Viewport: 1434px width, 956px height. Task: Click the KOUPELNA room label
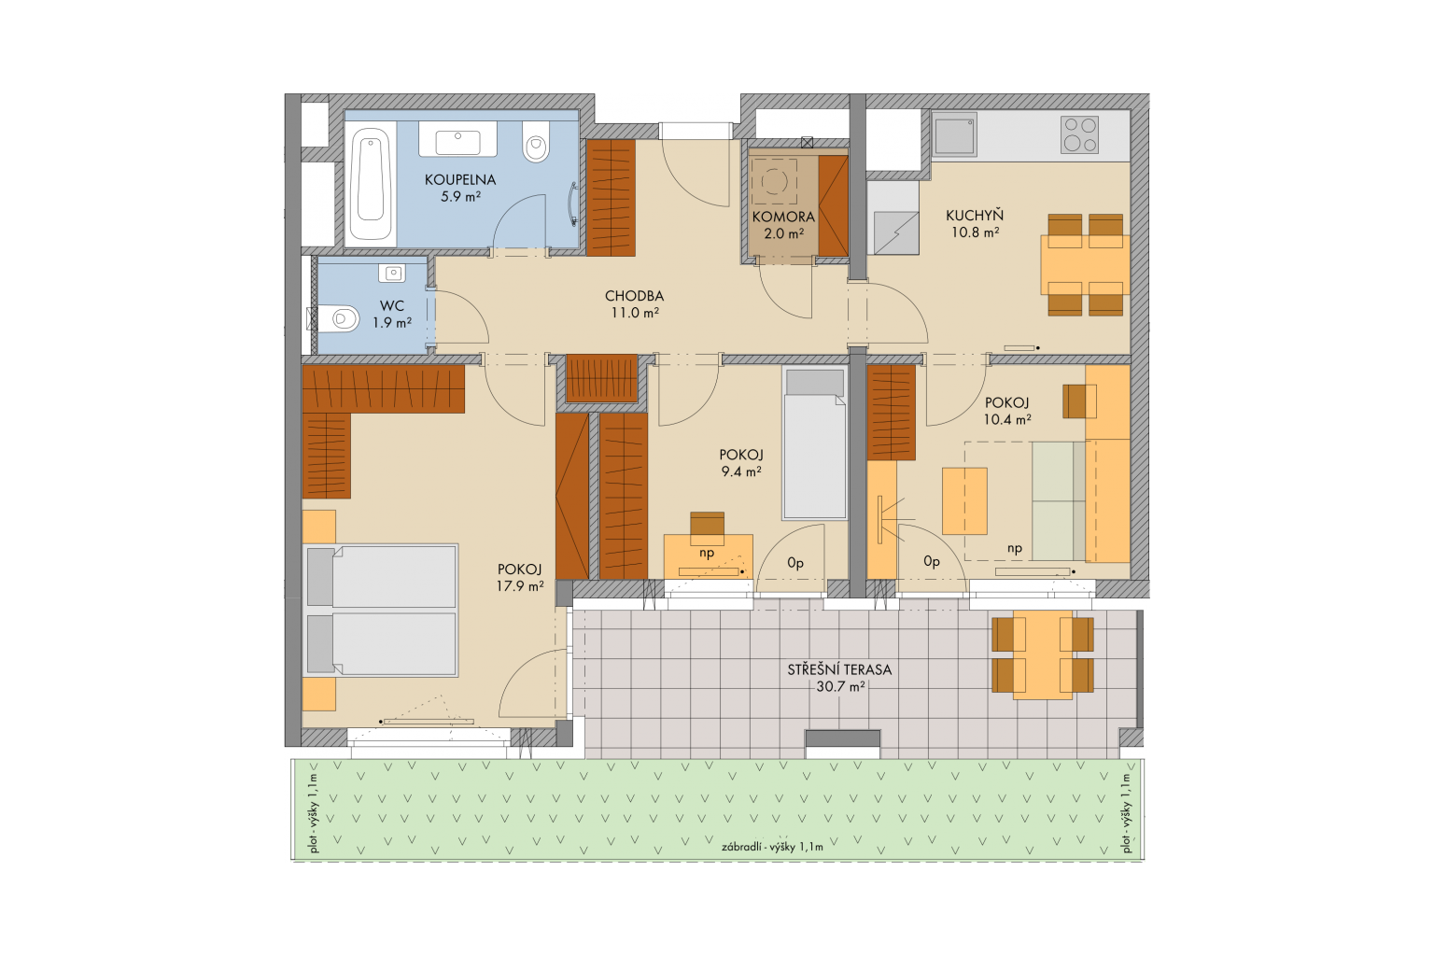click(459, 180)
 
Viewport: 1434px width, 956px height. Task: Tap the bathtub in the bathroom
click(371, 183)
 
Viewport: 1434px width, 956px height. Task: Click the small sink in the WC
click(391, 274)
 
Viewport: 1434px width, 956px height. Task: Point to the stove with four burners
click(1079, 134)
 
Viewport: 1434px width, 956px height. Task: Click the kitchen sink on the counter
click(954, 134)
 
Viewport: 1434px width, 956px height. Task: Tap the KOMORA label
click(783, 218)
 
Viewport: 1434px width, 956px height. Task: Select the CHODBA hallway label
click(635, 296)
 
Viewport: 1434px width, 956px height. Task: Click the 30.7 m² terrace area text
click(840, 687)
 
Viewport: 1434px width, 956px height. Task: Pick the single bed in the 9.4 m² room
click(814, 443)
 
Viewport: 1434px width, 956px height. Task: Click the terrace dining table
click(1043, 654)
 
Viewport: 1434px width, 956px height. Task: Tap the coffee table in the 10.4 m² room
click(964, 500)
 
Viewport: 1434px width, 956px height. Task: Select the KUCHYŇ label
click(975, 215)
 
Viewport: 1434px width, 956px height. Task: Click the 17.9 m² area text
click(520, 586)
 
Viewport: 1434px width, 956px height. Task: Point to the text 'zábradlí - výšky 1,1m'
click(772, 847)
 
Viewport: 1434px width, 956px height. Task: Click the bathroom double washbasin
click(457, 140)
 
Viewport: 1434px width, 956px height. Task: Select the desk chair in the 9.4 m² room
click(708, 523)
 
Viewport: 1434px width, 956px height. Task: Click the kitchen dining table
click(1085, 264)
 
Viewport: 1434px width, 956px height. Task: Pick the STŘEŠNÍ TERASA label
click(839, 669)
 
